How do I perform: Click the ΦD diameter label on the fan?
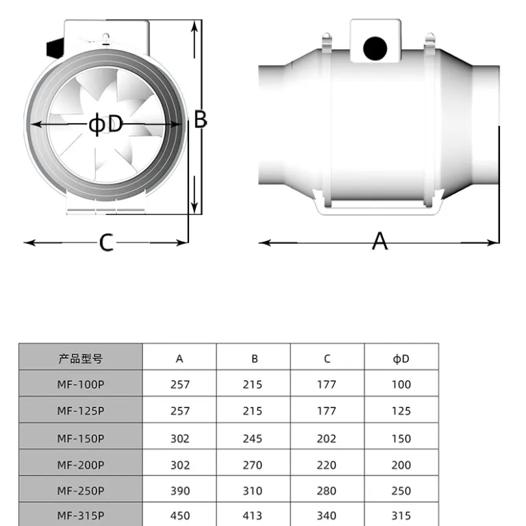coord(105,124)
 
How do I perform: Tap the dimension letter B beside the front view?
coord(201,119)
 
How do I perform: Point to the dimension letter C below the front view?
coord(106,242)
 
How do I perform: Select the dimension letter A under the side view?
coord(379,241)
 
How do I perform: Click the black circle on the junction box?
coord(375,49)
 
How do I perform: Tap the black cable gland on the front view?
coord(55,48)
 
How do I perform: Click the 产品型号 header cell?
coord(81,359)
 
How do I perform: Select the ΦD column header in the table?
coord(401,359)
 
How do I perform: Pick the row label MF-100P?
coord(81,384)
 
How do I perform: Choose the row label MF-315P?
coord(81,515)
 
